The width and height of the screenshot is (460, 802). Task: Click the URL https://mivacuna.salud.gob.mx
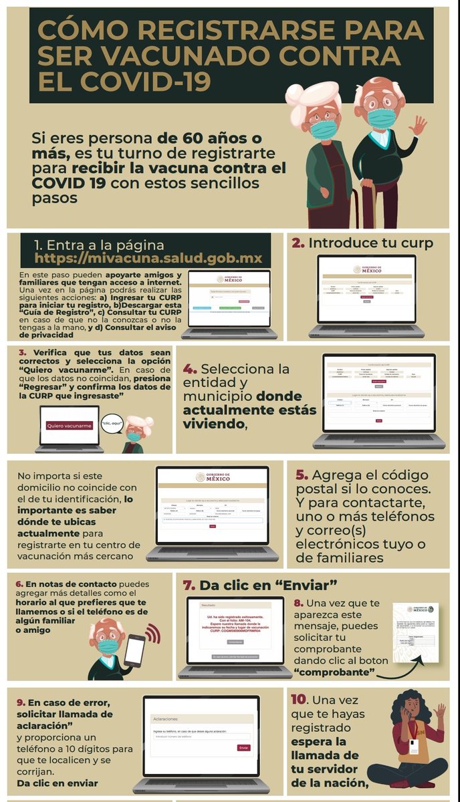click(x=148, y=259)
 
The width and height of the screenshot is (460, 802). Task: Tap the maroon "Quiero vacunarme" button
click(x=70, y=425)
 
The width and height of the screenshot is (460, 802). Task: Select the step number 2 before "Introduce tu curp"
click(x=298, y=243)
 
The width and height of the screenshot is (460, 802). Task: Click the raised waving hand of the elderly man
click(x=418, y=125)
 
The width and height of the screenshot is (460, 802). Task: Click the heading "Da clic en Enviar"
click(x=257, y=585)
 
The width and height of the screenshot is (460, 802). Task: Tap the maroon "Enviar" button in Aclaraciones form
click(x=243, y=748)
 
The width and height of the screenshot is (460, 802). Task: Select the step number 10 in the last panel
click(x=298, y=700)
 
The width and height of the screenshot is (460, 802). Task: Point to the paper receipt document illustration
click(x=415, y=632)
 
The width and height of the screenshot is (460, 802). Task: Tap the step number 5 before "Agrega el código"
click(x=302, y=475)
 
